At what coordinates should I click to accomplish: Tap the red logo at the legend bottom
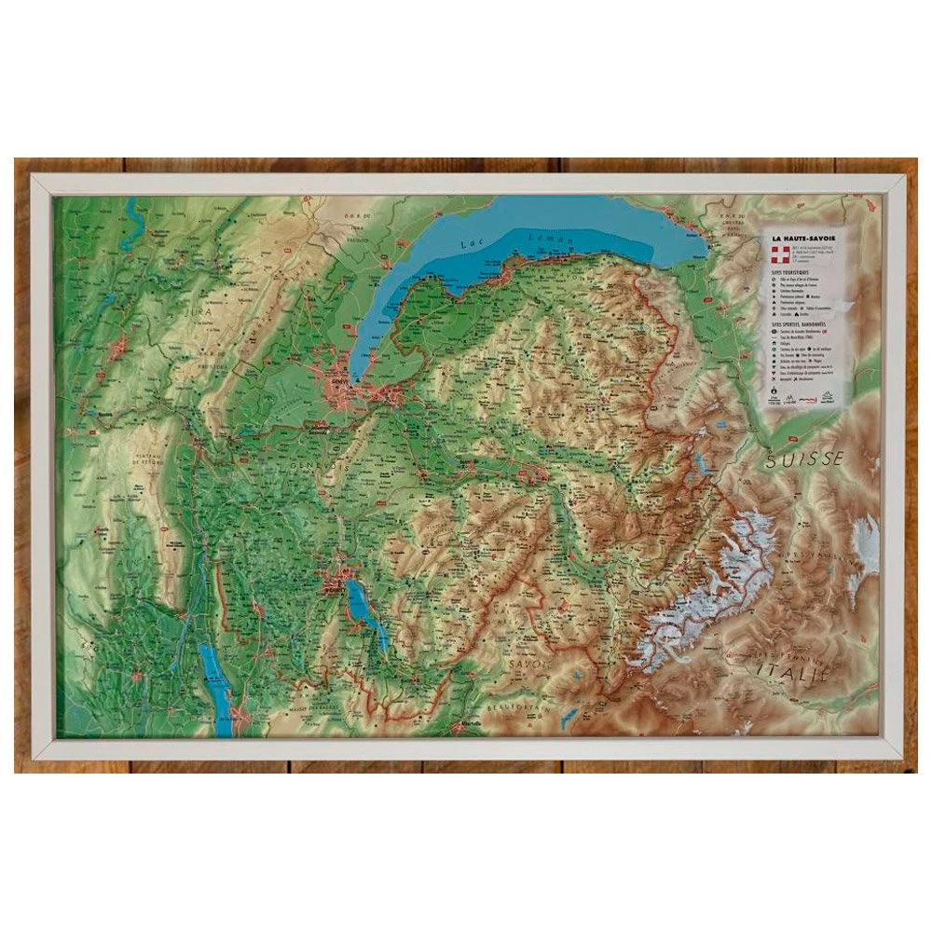pos(828,398)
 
